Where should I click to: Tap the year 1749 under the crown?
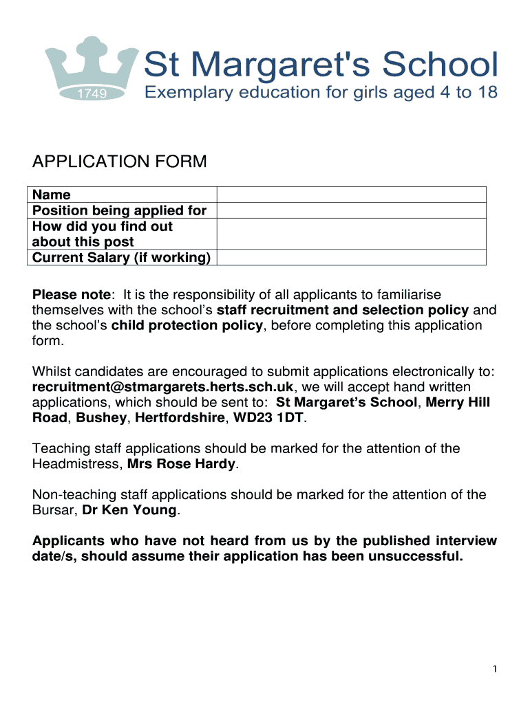pyautogui.click(x=91, y=94)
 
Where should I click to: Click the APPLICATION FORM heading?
pyautogui.click(x=119, y=162)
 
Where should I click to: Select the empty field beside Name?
pyautogui.click(x=351, y=195)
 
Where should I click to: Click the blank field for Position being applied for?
pyautogui.click(x=351, y=210)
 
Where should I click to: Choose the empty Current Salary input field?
pyautogui.click(x=351, y=257)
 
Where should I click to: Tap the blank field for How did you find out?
pyautogui.click(x=351, y=234)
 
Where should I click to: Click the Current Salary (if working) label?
pyautogui.click(x=121, y=258)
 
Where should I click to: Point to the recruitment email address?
pyautogui.click(x=163, y=387)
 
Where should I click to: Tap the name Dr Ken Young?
pyautogui.click(x=130, y=510)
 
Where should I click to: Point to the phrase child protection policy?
pyautogui.click(x=187, y=325)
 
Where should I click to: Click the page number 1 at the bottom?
pyautogui.click(x=495, y=669)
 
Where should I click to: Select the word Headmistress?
pyautogui.click(x=76, y=464)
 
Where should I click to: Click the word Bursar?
pyautogui.click(x=54, y=510)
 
